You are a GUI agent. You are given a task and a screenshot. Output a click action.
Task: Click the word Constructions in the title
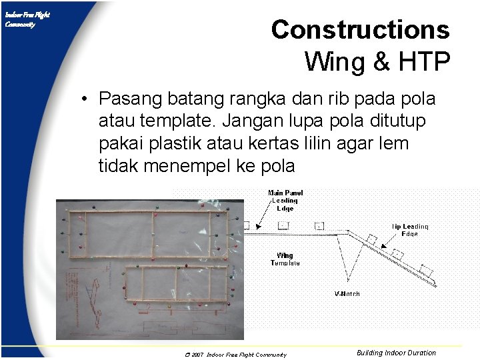point(360,30)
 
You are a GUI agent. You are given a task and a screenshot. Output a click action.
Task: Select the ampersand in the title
point(381,61)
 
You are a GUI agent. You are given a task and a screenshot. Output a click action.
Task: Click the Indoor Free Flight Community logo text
point(27,19)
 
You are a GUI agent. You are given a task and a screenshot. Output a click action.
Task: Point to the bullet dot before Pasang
point(87,100)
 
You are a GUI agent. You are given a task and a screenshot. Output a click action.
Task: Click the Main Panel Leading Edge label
point(285,200)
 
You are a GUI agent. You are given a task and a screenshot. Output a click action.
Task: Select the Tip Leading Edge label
point(409,230)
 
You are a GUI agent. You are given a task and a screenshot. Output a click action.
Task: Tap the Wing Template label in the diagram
point(285,259)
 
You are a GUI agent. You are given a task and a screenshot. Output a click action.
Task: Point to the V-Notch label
point(347,294)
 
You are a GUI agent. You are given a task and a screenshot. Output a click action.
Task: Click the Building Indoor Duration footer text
point(396,353)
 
